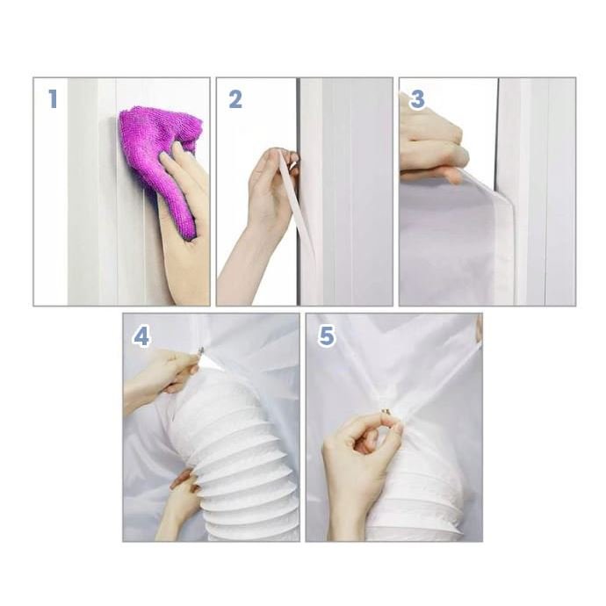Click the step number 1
coord(53,98)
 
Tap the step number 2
coord(235,99)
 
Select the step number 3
coord(417,99)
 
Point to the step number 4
coord(141,336)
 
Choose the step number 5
coord(327,335)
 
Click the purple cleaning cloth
coord(158,162)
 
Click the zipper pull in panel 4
coord(200,351)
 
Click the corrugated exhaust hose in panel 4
coord(235,460)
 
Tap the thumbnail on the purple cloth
coord(178,147)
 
